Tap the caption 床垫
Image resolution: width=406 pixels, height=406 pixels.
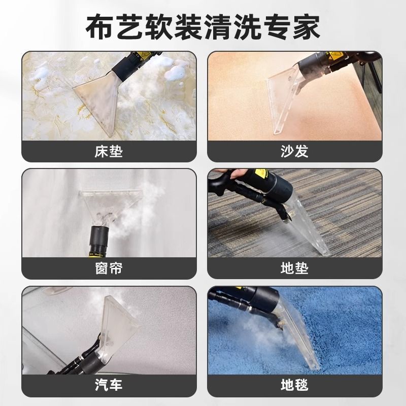[x=109, y=151]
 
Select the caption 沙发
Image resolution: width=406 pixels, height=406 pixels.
[x=294, y=151]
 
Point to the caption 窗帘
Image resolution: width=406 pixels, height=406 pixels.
[x=109, y=268]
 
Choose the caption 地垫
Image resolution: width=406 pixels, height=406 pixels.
[x=294, y=268]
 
